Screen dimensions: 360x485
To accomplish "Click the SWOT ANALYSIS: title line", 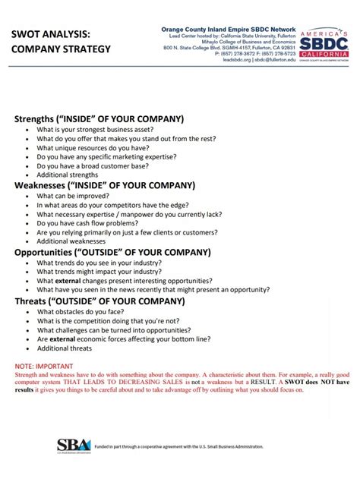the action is coord(50,34).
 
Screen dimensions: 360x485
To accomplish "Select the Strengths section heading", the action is coord(99,119).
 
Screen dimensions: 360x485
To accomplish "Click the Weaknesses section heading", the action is coord(105,184).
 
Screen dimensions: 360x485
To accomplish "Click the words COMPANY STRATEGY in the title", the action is coord(61,49).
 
